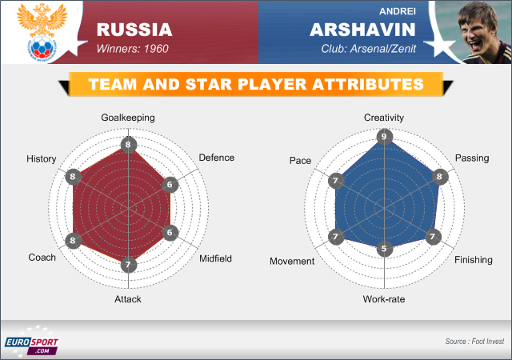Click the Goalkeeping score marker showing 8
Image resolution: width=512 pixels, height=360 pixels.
128,145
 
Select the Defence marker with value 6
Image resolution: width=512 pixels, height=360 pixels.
170,185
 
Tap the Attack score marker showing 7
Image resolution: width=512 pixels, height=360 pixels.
128,265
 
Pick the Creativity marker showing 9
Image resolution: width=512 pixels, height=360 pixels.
384,137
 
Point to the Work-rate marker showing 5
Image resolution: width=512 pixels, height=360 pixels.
384,249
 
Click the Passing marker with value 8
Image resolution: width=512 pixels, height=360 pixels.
440,177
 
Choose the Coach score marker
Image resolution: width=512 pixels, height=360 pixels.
73,241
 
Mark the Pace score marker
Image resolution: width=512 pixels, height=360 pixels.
336,181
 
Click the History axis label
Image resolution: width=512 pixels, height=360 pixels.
42,158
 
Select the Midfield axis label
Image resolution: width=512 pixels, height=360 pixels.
215,258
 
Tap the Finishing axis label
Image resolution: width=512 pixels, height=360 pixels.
474,260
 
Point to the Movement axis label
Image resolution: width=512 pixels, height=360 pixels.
292,262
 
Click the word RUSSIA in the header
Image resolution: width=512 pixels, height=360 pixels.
134,30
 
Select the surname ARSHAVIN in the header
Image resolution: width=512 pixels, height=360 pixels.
362,30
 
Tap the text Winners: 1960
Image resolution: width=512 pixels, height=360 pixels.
133,49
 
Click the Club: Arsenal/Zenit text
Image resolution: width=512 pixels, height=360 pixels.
369,49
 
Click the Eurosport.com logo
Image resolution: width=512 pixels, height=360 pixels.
32,342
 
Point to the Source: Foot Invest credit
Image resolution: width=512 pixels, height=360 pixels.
474,342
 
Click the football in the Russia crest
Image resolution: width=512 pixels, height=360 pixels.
42,47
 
